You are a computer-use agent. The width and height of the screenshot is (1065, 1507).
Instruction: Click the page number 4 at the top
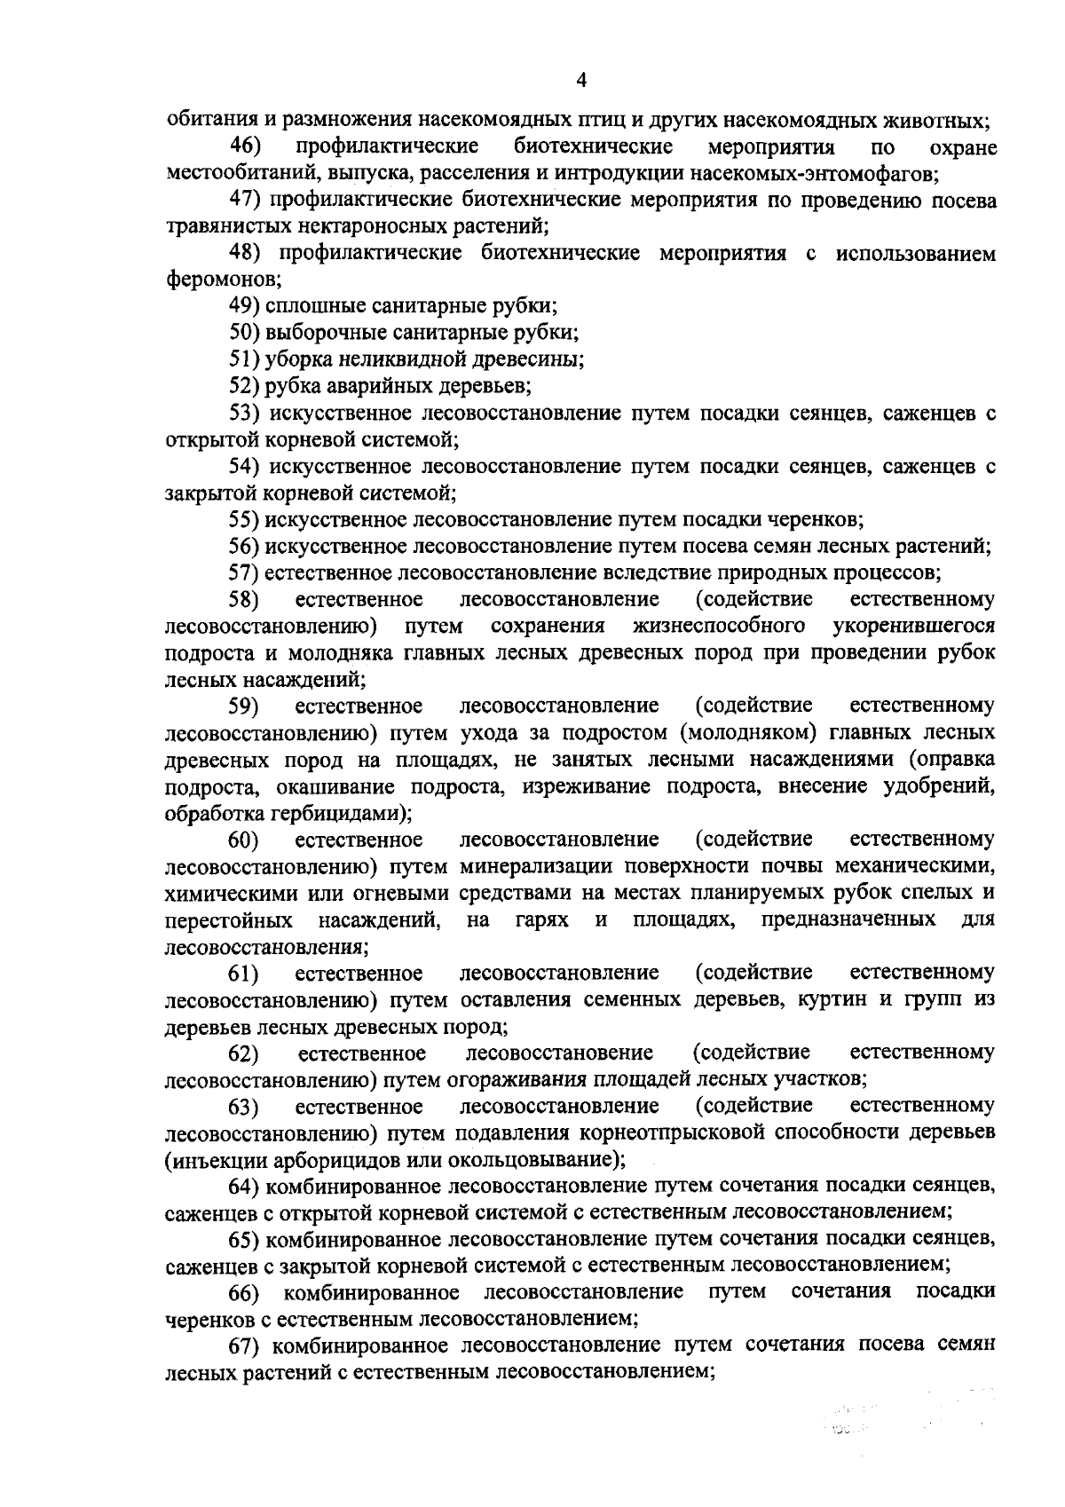pyautogui.click(x=581, y=82)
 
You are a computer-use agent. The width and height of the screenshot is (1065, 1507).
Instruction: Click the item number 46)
pyautogui.click(x=245, y=146)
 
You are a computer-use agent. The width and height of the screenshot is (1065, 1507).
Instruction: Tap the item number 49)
pyautogui.click(x=244, y=307)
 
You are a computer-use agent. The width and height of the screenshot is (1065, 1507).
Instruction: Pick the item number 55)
pyautogui.click(x=244, y=519)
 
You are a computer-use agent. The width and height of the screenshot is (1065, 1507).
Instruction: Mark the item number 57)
pyautogui.click(x=244, y=572)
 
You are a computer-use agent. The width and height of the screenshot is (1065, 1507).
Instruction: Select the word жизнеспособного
pyautogui.click(x=720, y=627)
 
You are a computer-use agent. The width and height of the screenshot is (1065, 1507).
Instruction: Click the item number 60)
pyautogui.click(x=244, y=840)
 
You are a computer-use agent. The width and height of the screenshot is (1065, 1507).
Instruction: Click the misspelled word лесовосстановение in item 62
pyautogui.click(x=559, y=1053)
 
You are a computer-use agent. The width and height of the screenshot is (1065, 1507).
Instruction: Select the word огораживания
pyautogui.click(x=514, y=1080)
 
